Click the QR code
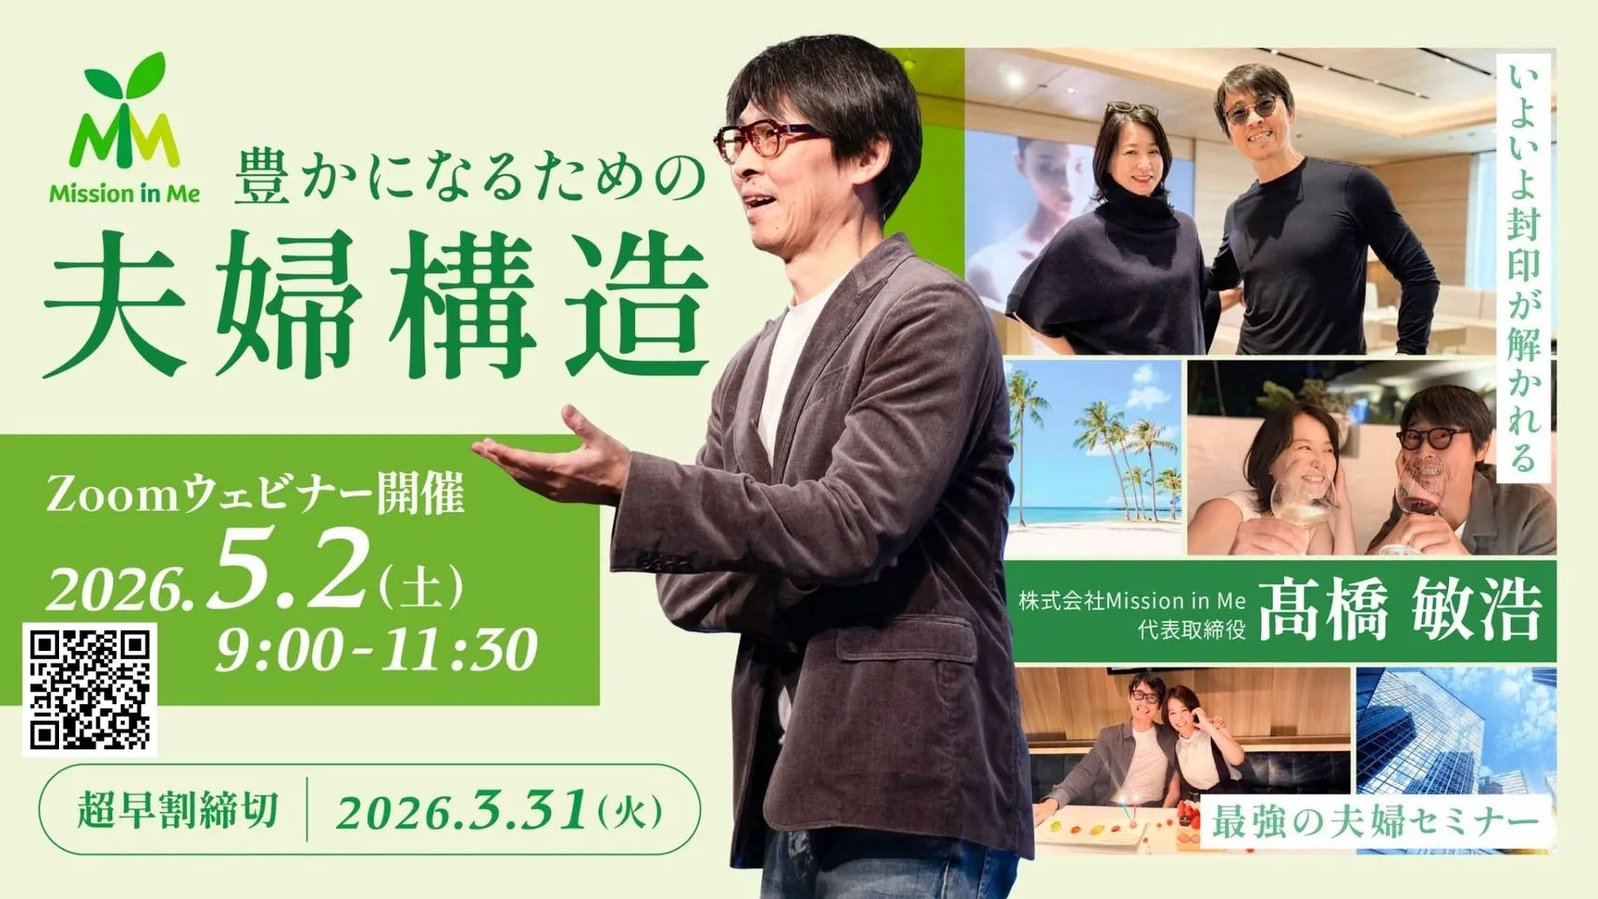pyautogui.click(x=90, y=689)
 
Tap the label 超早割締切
pyautogui.click(x=177, y=810)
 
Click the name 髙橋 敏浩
pyautogui.click(x=1399, y=612)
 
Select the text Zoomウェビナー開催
pyautogui.click(x=256, y=494)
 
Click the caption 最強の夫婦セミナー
pyautogui.click(x=1375, y=822)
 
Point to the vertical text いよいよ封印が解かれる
pyautogui.click(x=1524, y=268)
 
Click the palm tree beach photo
pyautogui.click(x=1094, y=457)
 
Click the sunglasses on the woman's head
pyautogui.click(x=1132, y=110)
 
